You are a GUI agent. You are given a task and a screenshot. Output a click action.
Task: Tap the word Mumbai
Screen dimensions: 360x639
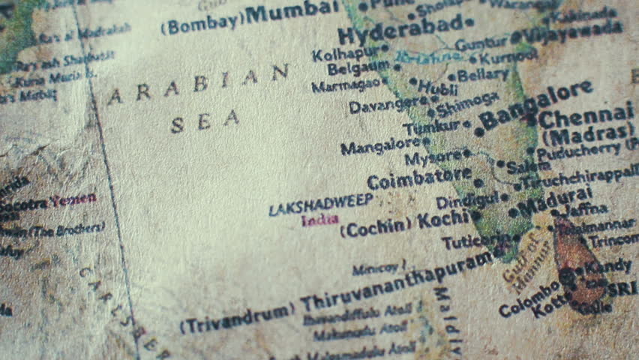pos(292,10)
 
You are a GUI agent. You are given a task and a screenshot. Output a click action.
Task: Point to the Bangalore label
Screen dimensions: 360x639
pos(535,105)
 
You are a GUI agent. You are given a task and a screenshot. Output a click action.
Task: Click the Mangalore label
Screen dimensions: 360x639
pos(380,145)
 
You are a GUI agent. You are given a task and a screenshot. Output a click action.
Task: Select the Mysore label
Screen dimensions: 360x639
pos(433,157)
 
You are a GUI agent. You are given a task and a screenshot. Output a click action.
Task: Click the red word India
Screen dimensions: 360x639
pos(319,220)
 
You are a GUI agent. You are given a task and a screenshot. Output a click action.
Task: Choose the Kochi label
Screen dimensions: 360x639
pos(443,220)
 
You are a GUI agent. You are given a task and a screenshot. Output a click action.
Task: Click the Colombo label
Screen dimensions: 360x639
pos(529,298)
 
